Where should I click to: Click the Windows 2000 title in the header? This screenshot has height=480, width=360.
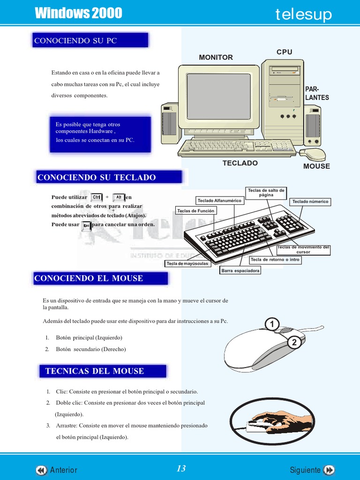tap(78, 14)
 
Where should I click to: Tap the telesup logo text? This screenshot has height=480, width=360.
tap(303, 15)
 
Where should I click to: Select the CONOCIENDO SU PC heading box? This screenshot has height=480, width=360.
tap(90, 41)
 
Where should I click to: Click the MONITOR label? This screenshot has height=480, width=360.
tap(216, 57)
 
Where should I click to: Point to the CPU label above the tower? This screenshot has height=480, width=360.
tap(284, 52)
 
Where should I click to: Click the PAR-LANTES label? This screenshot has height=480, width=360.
tap(317, 93)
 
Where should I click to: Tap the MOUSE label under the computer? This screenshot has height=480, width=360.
tap(316, 166)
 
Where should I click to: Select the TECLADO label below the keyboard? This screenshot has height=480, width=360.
tap(240, 163)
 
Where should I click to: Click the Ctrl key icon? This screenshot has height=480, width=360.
tap(97, 197)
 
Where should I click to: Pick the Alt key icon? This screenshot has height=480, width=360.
tap(119, 197)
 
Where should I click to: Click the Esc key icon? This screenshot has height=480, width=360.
tap(86, 225)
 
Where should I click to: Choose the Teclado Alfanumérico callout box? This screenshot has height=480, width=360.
tap(219, 201)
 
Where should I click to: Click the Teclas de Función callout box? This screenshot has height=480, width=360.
tap(195, 211)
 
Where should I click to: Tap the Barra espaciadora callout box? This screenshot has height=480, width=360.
tap(240, 271)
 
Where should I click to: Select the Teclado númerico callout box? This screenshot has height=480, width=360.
tap(310, 202)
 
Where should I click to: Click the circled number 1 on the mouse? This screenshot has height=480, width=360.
tap(272, 324)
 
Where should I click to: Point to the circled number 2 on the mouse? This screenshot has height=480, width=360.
tap(294, 343)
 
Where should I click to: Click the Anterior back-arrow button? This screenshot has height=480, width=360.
tap(41, 470)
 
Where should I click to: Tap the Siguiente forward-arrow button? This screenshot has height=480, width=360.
tap(330, 470)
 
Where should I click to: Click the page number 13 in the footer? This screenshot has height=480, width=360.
tap(181, 469)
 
